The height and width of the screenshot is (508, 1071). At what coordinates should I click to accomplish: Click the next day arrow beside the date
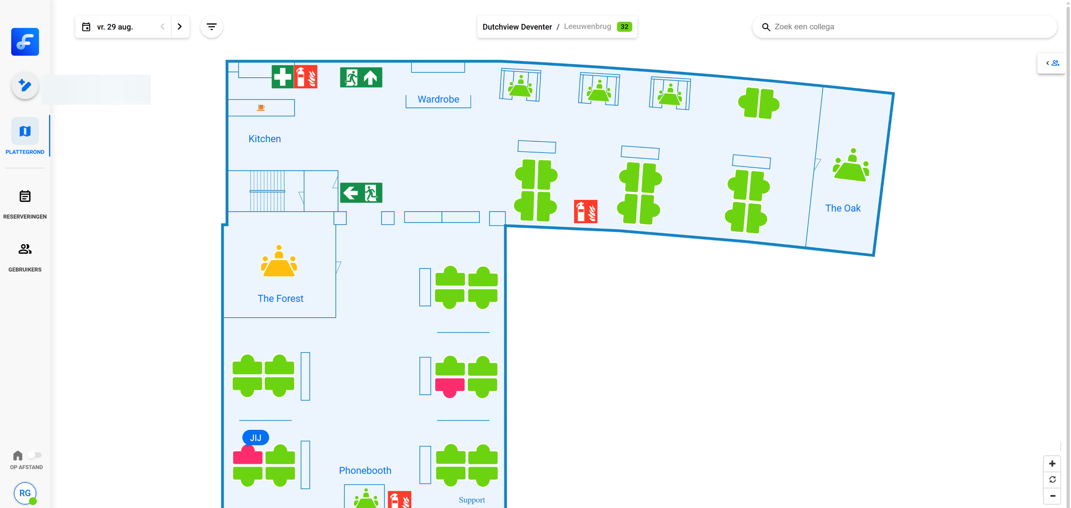pos(180,27)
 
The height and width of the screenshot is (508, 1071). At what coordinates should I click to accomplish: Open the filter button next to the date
pos(212,27)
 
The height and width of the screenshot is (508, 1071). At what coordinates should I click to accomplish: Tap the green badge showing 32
pos(624,27)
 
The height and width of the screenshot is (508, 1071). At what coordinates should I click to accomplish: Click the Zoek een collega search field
pos(904,27)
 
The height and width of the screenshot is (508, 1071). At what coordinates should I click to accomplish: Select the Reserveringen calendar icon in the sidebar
pos(25,196)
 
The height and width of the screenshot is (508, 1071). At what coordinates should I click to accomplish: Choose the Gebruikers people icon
pos(25,249)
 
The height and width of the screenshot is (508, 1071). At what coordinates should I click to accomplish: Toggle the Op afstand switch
pos(34,455)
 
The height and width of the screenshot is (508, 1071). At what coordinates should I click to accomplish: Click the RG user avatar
pos(25,493)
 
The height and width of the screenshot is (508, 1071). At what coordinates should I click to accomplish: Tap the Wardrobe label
pos(438,100)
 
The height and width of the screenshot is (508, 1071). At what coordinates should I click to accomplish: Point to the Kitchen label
pos(264,139)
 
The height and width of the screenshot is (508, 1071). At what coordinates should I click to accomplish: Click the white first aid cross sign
pos(282,77)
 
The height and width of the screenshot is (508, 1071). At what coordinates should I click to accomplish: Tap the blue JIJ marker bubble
pos(256,437)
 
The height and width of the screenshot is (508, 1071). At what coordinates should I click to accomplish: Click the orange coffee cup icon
pos(261,107)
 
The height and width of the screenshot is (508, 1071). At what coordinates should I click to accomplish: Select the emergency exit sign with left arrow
pos(361,193)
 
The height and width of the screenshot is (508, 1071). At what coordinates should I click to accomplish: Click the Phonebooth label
pos(365,470)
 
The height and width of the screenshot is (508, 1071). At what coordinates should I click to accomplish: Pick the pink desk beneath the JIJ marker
pos(248,456)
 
